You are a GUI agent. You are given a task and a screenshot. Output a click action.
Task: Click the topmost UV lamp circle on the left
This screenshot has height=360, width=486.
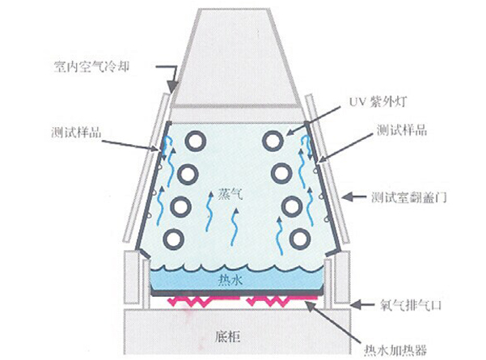pos(195,140)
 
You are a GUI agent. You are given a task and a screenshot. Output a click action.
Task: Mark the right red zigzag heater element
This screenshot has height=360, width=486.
pos(274,302)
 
